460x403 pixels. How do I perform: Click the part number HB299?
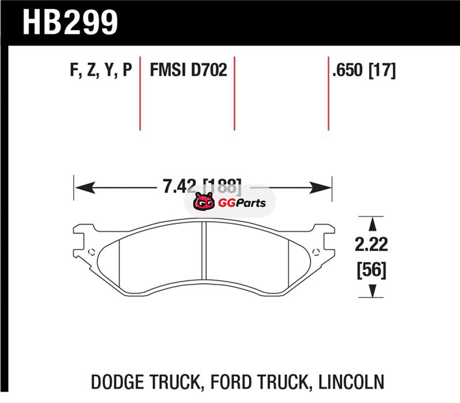click(70, 22)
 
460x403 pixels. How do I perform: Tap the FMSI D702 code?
click(189, 70)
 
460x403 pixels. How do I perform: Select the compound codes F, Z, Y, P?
click(101, 70)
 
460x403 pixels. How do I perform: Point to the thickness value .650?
click(347, 70)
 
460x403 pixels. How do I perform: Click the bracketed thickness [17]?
click(382, 70)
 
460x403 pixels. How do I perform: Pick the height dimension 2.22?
click(371, 245)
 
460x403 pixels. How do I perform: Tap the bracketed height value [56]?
click(371, 270)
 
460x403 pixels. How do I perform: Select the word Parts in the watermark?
click(251, 203)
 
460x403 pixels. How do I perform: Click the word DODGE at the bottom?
click(118, 382)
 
